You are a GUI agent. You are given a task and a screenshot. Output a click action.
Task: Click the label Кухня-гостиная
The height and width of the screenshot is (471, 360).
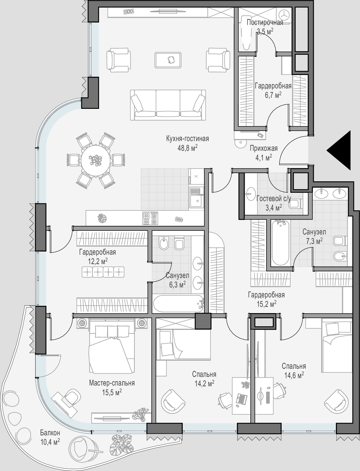click(x=187, y=138)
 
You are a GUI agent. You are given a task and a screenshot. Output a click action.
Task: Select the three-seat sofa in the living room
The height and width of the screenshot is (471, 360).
click(x=168, y=105)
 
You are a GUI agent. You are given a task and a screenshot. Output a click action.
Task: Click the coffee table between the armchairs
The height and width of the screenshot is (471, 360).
click(x=169, y=60)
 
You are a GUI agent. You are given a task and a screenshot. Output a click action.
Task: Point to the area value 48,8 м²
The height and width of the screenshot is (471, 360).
click(x=187, y=148)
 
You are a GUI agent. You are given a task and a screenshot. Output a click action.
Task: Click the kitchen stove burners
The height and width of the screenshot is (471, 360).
click(x=150, y=218)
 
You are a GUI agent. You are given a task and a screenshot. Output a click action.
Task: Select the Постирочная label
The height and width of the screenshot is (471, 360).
click(x=265, y=22)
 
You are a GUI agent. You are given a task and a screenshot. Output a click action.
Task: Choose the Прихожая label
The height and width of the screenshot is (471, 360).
click(x=264, y=148)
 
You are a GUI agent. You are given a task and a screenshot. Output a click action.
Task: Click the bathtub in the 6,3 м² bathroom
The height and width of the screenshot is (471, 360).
click(x=178, y=304)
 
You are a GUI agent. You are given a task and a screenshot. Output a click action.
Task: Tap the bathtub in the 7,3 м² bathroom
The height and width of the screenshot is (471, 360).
click(x=281, y=243)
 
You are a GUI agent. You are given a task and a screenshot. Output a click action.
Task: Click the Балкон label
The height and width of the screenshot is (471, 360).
click(x=50, y=432)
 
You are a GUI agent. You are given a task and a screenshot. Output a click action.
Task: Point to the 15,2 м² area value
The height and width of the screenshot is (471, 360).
click(x=266, y=304)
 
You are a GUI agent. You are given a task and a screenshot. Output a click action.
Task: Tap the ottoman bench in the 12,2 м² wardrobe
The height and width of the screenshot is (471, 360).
click(x=103, y=272)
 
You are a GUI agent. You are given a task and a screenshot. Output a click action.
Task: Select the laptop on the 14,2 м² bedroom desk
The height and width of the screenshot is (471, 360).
click(x=242, y=398)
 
